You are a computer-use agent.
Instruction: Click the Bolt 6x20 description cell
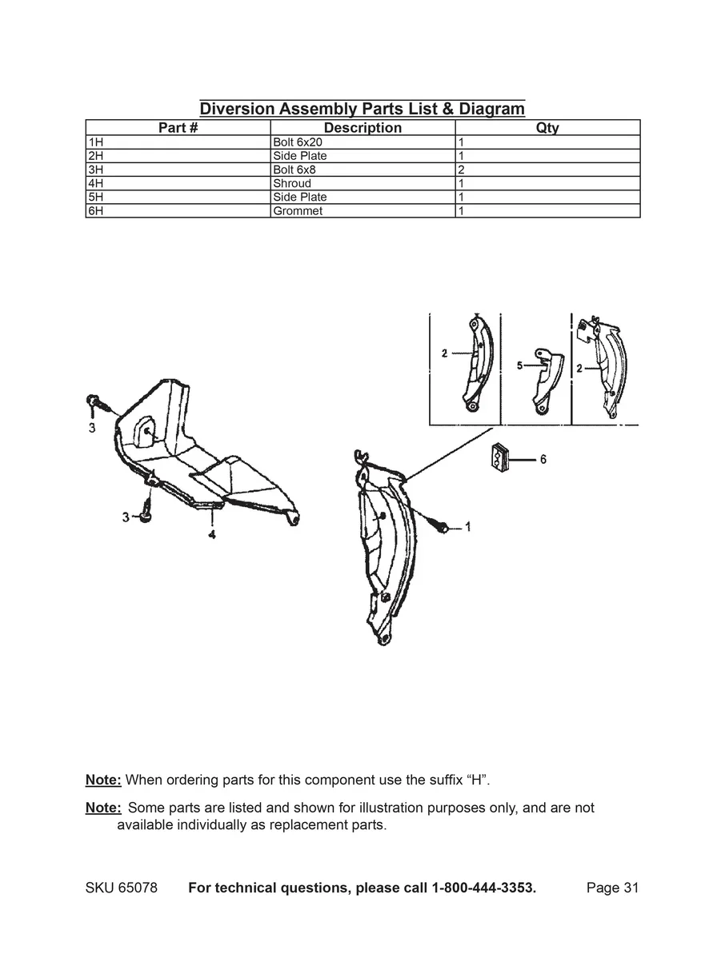pyautogui.click(x=362, y=142)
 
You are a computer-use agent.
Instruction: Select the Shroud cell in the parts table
pyautogui.click(x=362, y=183)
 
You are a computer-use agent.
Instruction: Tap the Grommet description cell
pyautogui.click(x=362, y=211)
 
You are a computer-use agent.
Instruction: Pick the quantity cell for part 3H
pyautogui.click(x=547, y=170)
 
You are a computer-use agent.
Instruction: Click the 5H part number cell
pyautogui.click(x=178, y=197)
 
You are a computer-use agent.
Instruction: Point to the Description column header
pyautogui.click(x=362, y=128)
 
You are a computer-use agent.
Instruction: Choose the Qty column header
pyautogui.click(x=547, y=128)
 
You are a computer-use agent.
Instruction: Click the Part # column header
pyautogui.click(x=178, y=128)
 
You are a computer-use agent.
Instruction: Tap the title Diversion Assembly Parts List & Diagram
pyautogui.click(x=362, y=109)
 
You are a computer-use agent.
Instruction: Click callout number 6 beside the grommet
pyautogui.click(x=543, y=459)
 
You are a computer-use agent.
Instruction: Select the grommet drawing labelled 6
pyautogui.click(x=499, y=459)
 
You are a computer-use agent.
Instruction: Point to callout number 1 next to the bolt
pyautogui.click(x=467, y=527)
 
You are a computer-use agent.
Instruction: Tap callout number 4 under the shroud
pyautogui.click(x=212, y=535)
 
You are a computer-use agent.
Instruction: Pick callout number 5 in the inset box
pyautogui.click(x=519, y=365)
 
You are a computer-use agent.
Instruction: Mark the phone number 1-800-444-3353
pyautogui.click(x=483, y=888)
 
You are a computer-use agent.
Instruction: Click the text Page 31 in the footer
pyautogui.click(x=612, y=888)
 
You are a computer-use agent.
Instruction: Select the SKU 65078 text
pyautogui.click(x=121, y=888)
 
